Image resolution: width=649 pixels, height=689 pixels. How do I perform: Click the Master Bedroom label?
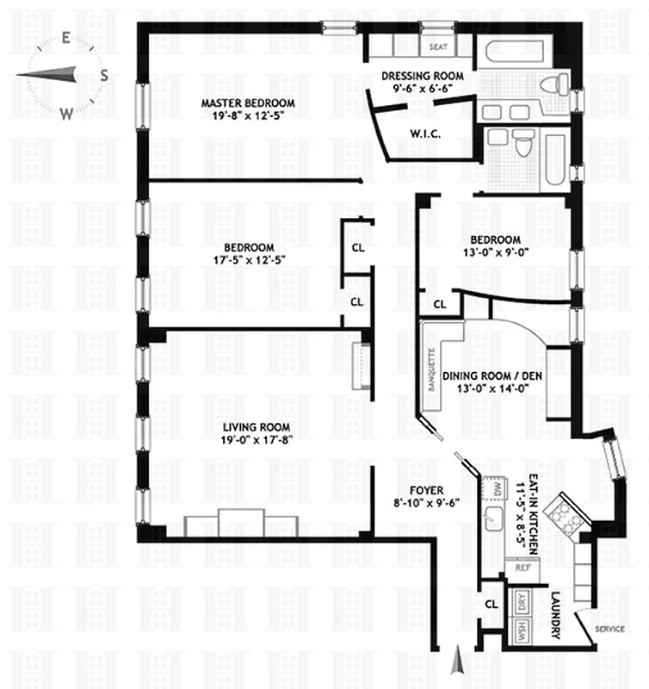248,103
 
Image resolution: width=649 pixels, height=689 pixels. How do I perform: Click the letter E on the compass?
65,38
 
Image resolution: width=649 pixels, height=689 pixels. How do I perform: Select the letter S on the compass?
104,75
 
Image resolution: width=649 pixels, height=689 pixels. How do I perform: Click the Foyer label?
421,490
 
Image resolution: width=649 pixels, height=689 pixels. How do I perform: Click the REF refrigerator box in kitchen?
522,568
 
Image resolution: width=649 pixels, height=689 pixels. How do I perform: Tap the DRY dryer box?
521,600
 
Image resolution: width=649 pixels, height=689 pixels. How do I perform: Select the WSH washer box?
522,630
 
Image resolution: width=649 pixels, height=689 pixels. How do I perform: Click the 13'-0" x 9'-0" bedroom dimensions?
495,253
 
